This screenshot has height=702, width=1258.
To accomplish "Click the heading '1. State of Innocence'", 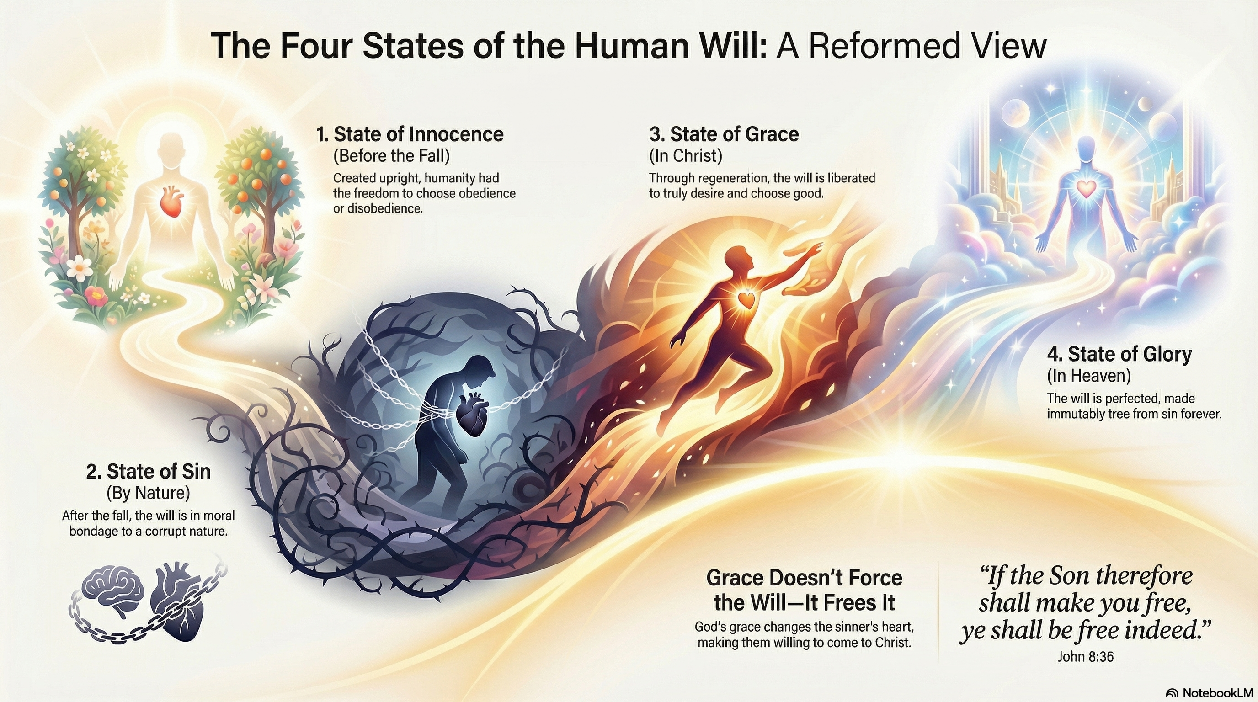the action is [x=410, y=134].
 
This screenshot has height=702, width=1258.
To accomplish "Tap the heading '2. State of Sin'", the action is [x=149, y=471].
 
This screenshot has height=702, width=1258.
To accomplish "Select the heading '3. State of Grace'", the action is [x=724, y=134].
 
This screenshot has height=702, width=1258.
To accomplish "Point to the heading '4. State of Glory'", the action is [x=1119, y=354].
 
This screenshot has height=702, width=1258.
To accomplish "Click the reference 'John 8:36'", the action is [x=1086, y=657].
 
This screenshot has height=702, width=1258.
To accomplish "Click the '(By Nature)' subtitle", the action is [x=148, y=493].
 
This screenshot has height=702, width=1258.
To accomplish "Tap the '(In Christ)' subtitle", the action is [x=686, y=156].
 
